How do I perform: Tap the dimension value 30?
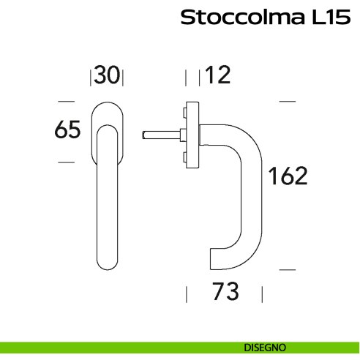point(107,75)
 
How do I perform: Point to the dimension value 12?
point(218,75)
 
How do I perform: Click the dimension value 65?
point(67,130)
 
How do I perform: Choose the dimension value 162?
point(287,176)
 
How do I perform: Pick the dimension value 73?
point(225,293)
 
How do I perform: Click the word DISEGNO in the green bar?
point(265,347)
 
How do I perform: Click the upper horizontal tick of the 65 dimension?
point(66,100)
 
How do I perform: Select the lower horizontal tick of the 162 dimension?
point(288,269)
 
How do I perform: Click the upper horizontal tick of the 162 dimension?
point(288,100)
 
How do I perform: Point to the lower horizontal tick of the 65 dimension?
point(66,161)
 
